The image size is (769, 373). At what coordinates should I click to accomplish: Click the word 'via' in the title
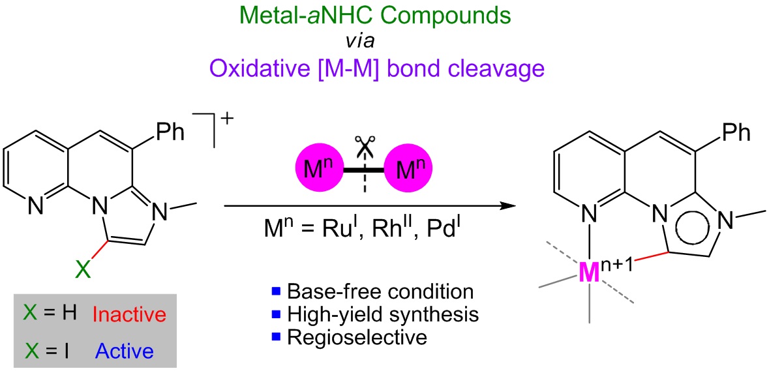click(361, 42)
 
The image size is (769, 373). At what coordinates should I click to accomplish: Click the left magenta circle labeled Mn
click(318, 170)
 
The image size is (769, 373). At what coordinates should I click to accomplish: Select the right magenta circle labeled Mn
click(408, 170)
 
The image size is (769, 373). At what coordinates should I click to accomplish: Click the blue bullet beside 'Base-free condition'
click(275, 293)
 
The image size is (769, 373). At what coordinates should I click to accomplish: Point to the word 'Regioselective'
click(357, 337)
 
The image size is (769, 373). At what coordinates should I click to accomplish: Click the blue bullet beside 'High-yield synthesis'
click(275, 315)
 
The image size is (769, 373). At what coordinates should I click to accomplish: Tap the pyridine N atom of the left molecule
click(37, 207)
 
